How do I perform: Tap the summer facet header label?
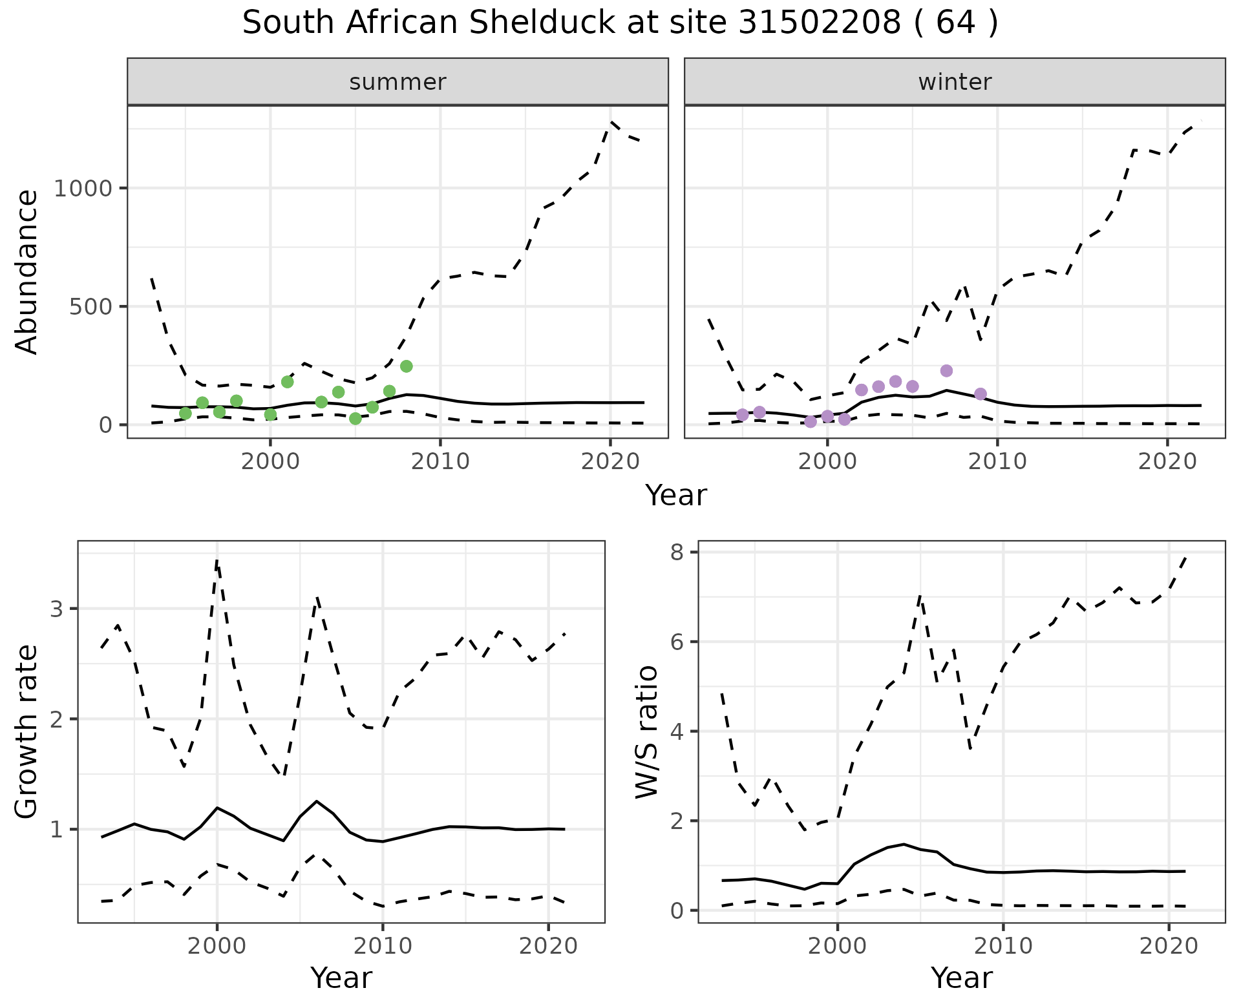398,82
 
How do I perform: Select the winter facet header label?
955,82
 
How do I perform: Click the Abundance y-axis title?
27,272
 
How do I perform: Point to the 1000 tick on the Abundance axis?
82,189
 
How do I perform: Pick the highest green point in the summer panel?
406,366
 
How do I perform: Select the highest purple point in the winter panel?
946,371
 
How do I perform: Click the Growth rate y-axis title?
27,732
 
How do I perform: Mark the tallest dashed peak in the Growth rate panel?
217,561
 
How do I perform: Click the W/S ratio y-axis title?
647,732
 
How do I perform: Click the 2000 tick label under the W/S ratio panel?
838,947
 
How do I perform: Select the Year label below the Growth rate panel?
341,978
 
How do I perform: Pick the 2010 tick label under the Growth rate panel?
383,947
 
